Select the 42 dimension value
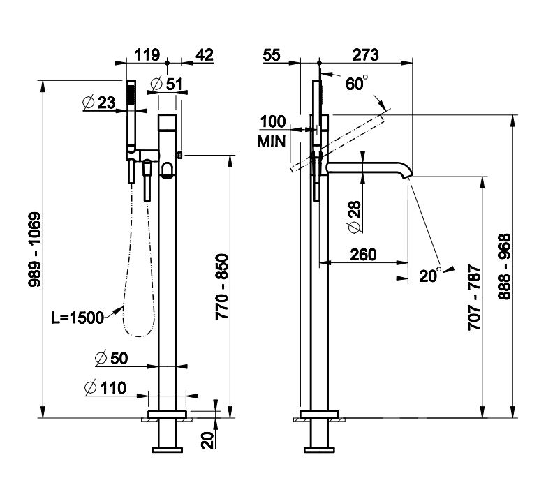(x=204, y=54)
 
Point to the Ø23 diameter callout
(x=98, y=102)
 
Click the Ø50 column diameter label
(x=110, y=359)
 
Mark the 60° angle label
(x=356, y=84)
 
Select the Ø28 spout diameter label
(x=354, y=218)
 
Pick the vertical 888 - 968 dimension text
(x=505, y=267)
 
